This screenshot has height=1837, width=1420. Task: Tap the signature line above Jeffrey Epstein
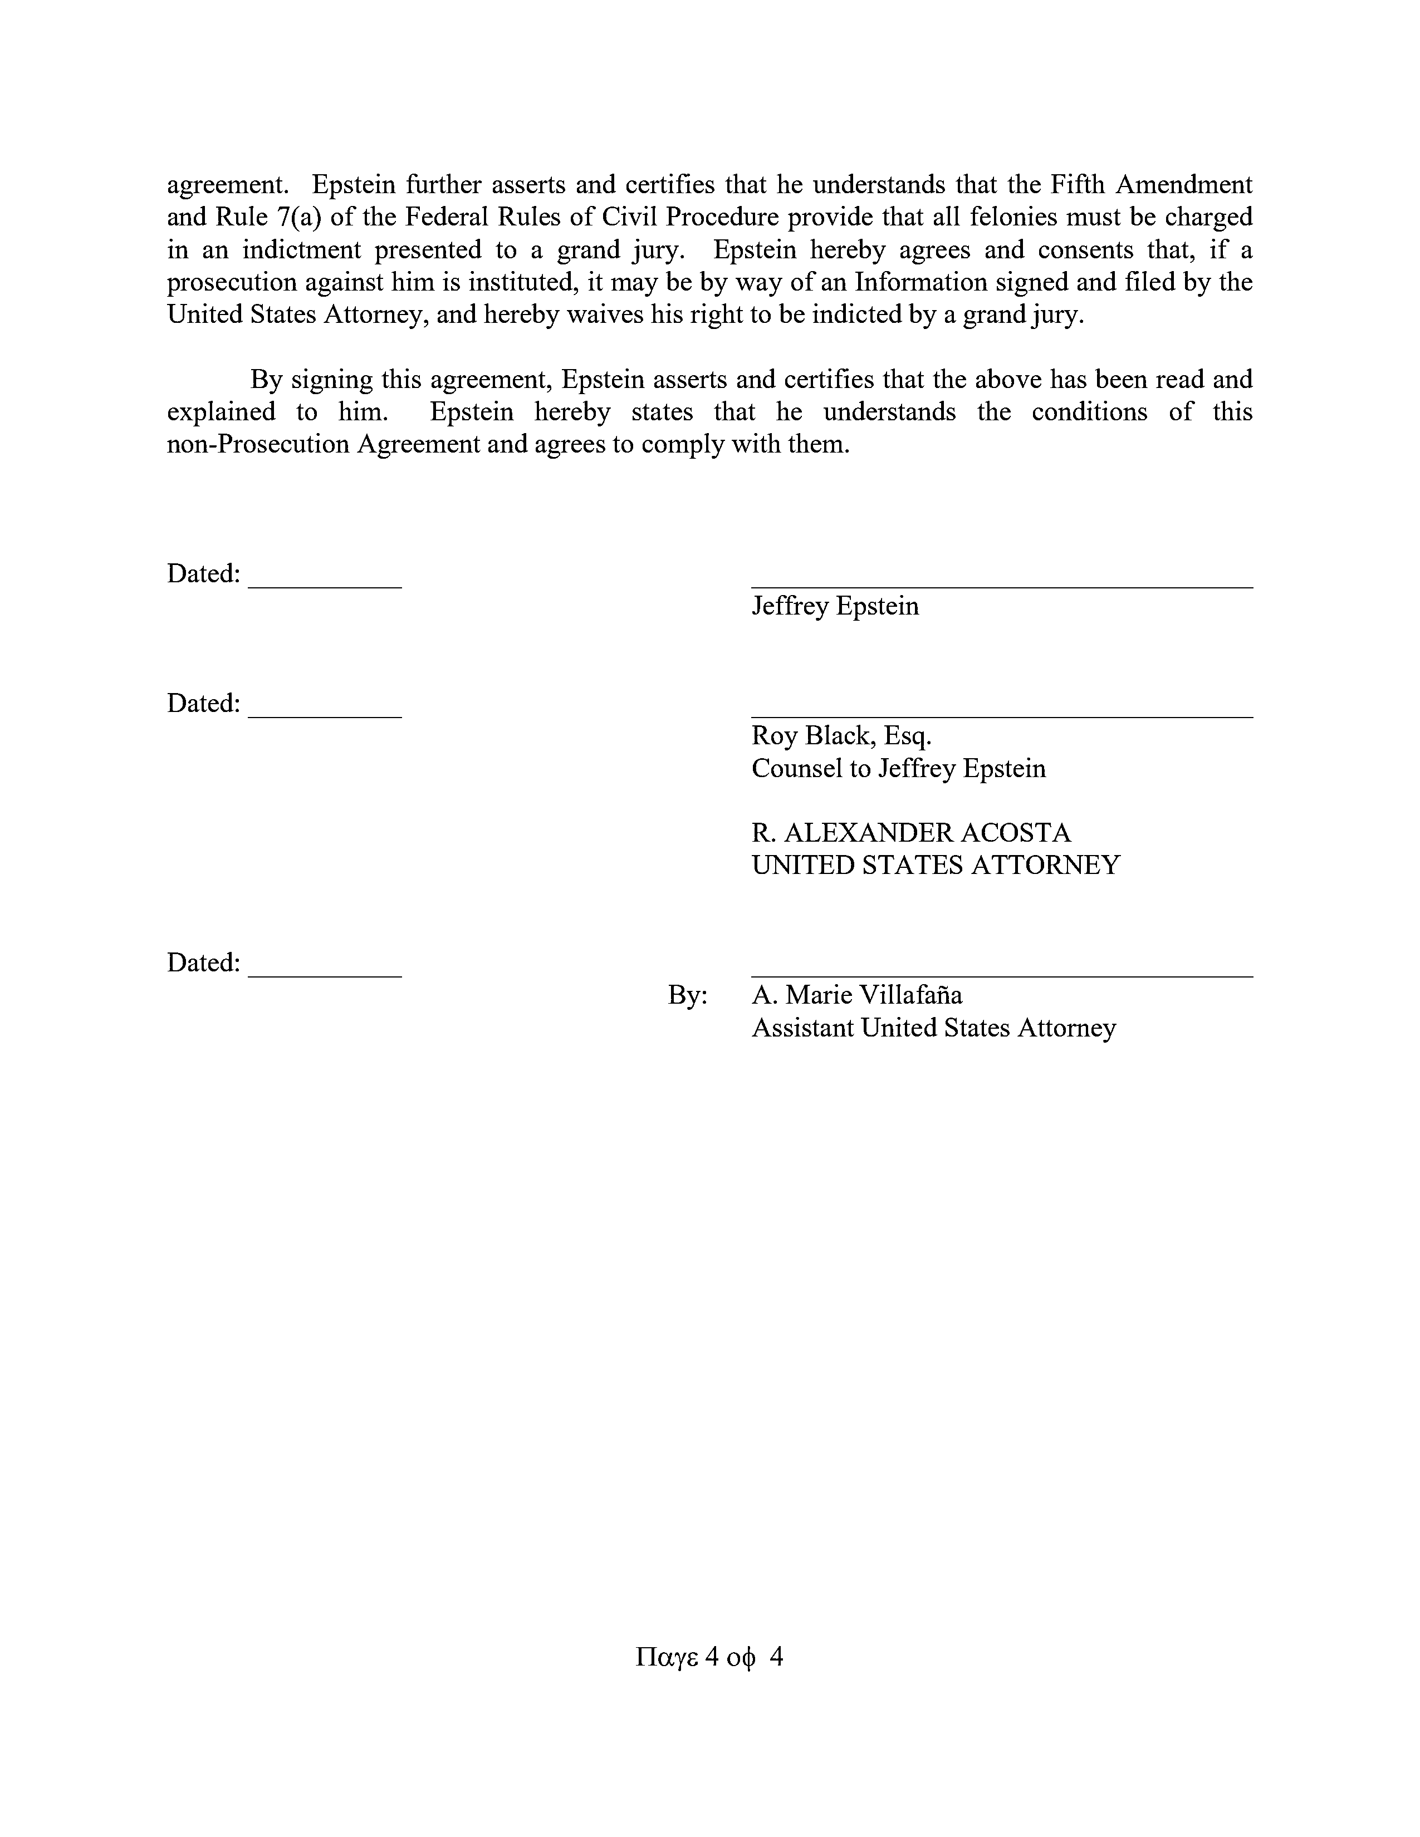click(x=1001, y=586)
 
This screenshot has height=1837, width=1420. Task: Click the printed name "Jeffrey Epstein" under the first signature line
click(x=835, y=606)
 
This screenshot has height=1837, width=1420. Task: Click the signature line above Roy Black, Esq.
click(x=1001, y=716)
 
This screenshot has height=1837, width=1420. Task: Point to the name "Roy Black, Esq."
click(x=841, y=736)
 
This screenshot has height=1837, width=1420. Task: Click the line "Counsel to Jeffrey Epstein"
click(x=898, y=769)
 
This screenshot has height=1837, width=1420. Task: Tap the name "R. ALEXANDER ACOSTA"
click(x=911, y=833)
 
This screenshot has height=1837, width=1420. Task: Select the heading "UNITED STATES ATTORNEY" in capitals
click(x=936, y=866)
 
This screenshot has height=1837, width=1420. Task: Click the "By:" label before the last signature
click(x=687, y=996)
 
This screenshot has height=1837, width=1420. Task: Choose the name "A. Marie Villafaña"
click(x=856, y=996)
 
